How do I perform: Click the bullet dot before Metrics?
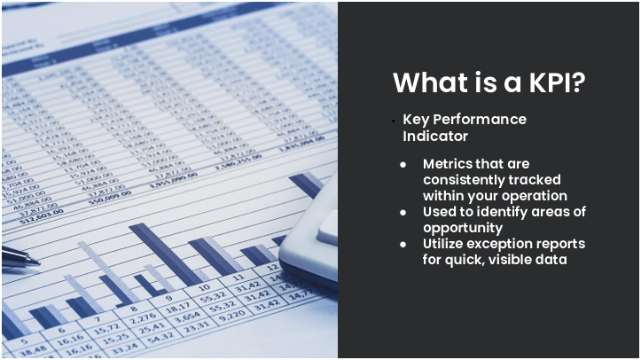(x=403, y=165)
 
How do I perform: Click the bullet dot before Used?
(x=403, y=213)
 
